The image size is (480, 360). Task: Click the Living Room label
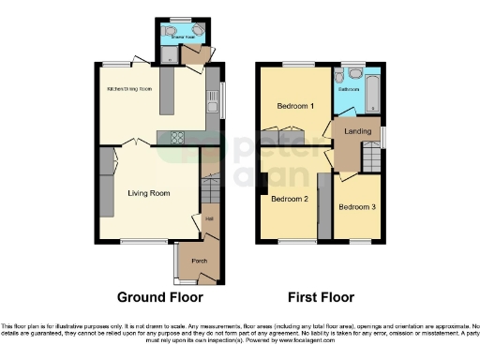(x=148, y=193)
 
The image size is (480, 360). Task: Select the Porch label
(x=199, y=261)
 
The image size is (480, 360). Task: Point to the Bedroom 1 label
(x=292, y=106)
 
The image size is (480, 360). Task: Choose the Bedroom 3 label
(x=356, y=206)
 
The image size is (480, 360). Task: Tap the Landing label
(x=357, y=131)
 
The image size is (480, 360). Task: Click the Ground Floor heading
(x=159, y=297)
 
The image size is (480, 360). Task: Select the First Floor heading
(x=321, y=297)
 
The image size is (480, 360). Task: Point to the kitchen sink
(x=213, y=97)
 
